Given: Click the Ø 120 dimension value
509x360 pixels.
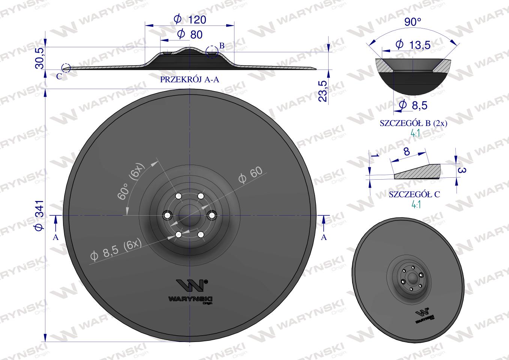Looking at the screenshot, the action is click(190, 19).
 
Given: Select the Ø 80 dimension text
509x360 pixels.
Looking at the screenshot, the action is click(190, 34).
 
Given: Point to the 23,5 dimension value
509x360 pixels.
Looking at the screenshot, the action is click(323, 91).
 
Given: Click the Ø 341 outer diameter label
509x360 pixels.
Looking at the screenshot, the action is click(39, 215).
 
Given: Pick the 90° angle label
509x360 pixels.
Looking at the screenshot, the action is click(413, 22).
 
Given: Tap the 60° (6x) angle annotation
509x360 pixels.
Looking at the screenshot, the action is click(131, 181).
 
